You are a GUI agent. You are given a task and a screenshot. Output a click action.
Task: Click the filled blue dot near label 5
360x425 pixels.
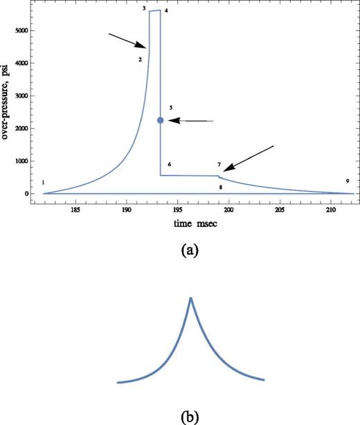pos(161,120)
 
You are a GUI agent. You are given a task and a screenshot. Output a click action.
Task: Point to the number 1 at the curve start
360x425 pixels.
pos(43,183)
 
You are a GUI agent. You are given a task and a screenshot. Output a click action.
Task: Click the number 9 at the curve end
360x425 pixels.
pos(347,181)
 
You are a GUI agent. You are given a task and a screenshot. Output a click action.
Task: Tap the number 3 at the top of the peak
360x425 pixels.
pos(143,8)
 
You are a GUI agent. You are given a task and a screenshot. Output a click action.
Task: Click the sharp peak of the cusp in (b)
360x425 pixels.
pos(190,298)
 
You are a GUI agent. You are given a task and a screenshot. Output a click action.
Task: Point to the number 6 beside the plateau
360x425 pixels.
pos(170,164)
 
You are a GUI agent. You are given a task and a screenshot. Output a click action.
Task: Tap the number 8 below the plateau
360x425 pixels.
pos(221,188)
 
